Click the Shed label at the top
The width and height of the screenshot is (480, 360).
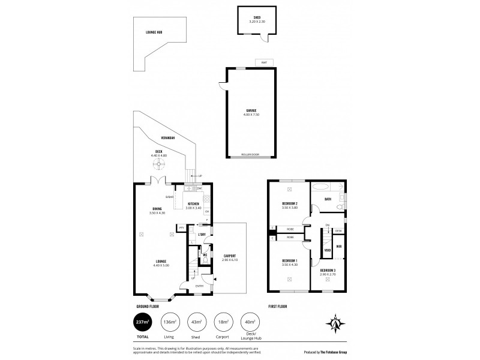256,19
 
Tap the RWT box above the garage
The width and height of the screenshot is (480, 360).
263,62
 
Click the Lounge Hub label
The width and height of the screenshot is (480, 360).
154,32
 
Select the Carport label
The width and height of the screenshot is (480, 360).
229,257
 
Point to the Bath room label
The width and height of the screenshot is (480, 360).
328,199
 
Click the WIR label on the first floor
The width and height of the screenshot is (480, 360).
338,246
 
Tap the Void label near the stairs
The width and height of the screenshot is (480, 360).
328,250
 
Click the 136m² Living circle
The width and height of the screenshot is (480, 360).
170,322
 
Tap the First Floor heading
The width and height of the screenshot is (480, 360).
277,306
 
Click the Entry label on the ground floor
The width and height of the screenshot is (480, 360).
199,286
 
